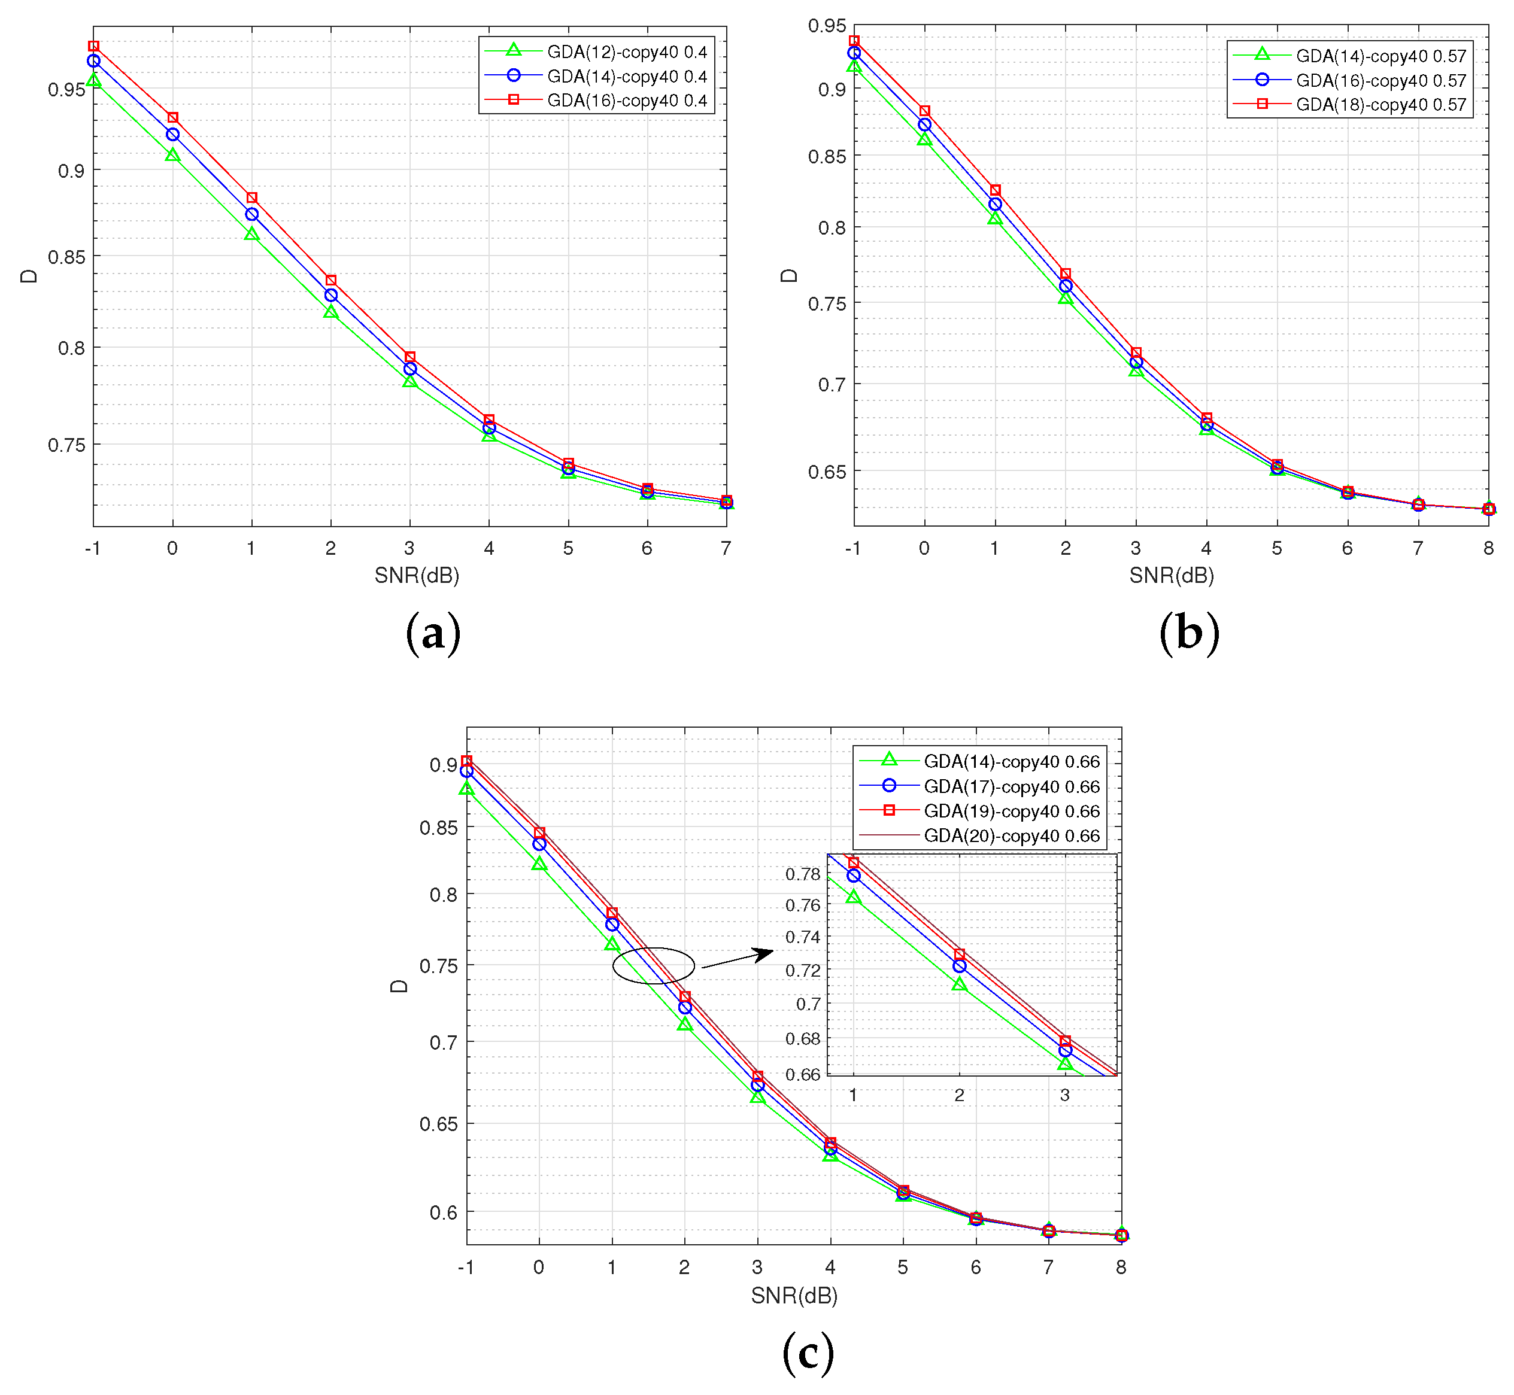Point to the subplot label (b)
tap(1188, 633)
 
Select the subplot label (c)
tap(808, 1352)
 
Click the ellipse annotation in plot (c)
tap(653, 965)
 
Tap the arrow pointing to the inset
tap(736, 959)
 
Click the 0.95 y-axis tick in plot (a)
tap(66, 90)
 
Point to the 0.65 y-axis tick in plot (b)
tap(826, 472)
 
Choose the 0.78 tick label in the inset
tap(803, 874)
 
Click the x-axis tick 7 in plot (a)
tap(726, 549)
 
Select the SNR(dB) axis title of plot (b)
tap(1171, 576)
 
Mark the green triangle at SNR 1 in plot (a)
tap(251, 235)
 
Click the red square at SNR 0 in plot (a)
tap(173, 118)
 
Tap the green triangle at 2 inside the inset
tap(959, 984)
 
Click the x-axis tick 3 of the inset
tap(1064, 1095)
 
